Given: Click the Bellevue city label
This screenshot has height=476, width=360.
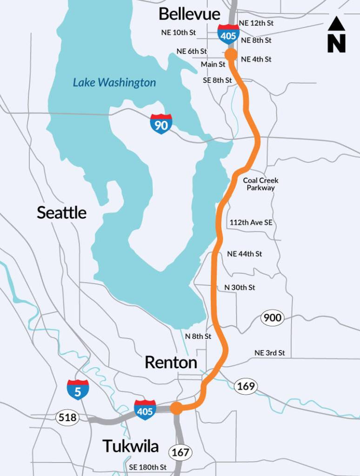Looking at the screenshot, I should [189, 13].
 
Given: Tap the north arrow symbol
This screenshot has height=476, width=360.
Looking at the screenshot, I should [336, 35].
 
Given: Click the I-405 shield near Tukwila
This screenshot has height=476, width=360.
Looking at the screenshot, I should [145, 410].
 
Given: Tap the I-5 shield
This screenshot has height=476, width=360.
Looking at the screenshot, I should [78, 390].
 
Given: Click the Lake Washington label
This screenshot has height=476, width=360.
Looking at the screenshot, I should [114, 83].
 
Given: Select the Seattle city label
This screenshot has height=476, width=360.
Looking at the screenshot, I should [61, 212].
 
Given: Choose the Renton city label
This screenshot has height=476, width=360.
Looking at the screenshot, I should [171, 362].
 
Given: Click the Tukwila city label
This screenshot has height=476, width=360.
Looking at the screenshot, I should [131, 446].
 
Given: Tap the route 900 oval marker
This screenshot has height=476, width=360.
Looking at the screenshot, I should [272, 318].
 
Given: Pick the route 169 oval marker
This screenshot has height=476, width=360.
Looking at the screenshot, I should [246, 386].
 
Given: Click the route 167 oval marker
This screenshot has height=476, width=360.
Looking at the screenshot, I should [180, 452].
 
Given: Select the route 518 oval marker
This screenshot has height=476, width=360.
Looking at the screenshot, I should [67, 418].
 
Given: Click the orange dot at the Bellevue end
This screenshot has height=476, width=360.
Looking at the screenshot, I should [231, 55].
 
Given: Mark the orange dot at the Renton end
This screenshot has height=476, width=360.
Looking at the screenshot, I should [176, 408].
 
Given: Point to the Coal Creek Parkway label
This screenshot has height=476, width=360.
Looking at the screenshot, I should [260, 184].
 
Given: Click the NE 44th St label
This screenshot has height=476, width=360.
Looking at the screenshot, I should [244, 254].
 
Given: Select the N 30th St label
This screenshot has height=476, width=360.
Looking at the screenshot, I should [240, 287].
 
